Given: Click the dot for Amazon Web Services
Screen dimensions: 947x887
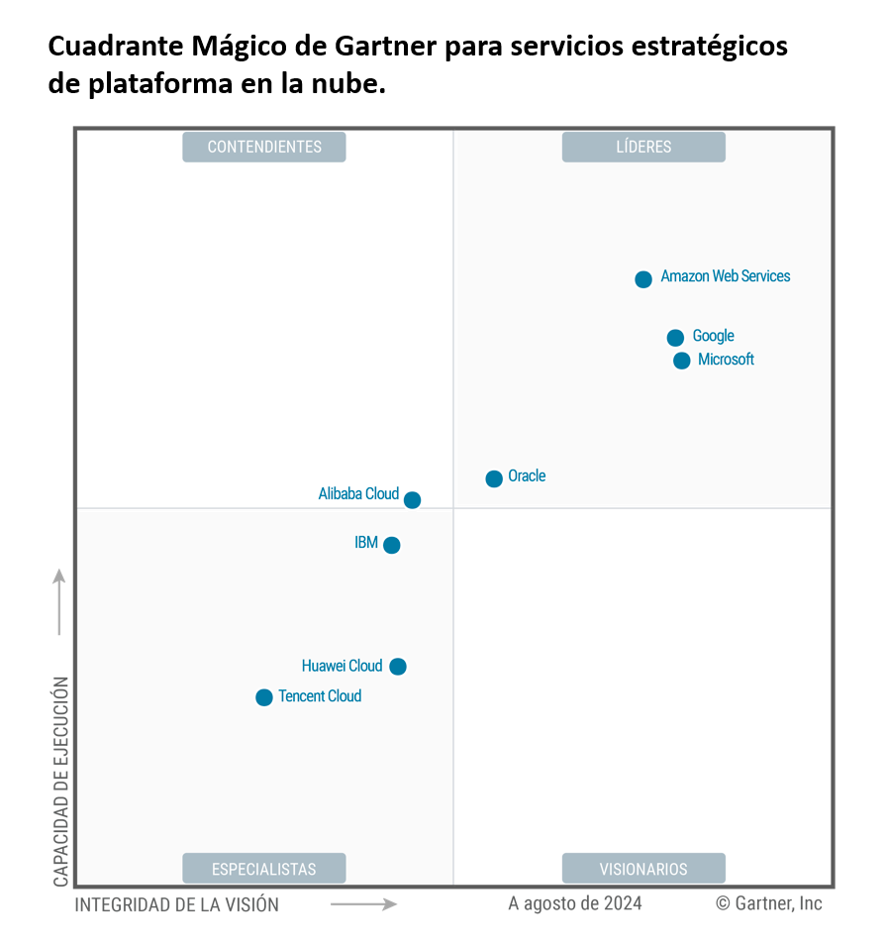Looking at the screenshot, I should tap(643, 279).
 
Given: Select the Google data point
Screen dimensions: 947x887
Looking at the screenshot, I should tap(675, 338).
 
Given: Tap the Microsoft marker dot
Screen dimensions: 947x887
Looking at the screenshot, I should tap(682, 361).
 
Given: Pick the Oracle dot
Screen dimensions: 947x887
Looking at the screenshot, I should tap(494, 478).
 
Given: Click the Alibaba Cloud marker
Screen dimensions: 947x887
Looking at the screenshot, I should tap(412, 500).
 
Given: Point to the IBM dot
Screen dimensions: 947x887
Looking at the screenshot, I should tap(392, 545).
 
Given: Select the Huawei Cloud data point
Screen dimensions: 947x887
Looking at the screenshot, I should tap(398, 667).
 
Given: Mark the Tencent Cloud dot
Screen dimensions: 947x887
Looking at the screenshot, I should tap(264, 697).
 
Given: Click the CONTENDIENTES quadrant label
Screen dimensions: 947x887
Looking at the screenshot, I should tap(264, 147).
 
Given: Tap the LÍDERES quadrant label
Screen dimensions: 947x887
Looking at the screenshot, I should tap(643, 147).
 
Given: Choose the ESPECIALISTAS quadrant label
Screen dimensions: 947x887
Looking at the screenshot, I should tap(264, 869).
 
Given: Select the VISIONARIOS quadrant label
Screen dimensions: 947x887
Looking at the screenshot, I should tap(643, 869).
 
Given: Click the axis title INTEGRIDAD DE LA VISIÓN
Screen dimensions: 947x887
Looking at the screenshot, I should tap(177, 904).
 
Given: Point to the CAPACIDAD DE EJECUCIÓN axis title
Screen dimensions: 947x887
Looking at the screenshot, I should tap(61, 783).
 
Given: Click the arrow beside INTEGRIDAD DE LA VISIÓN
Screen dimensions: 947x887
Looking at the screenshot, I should tap(363, 903).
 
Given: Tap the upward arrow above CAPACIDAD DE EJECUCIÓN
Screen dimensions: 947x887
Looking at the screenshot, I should tap(59, 601).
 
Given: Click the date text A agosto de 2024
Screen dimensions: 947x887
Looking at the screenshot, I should tap(574, 903).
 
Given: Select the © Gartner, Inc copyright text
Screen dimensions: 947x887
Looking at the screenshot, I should tap(769, 903).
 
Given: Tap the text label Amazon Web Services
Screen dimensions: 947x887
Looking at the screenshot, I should tap(726, 276).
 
